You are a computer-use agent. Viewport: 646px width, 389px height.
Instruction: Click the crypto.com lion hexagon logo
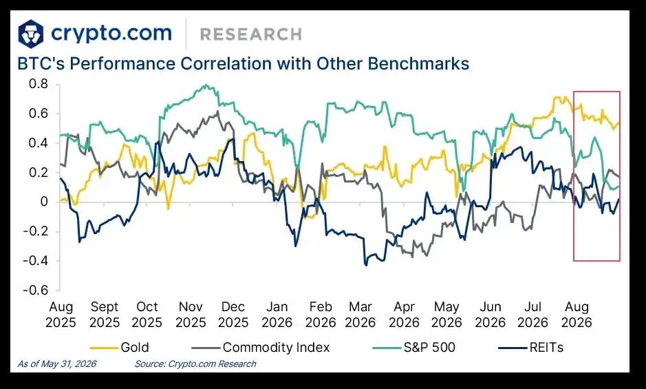coord(31,34)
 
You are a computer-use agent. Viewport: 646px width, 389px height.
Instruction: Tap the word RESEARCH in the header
coord(251,34)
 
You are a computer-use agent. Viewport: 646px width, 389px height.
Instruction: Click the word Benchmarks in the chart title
coord(418,64)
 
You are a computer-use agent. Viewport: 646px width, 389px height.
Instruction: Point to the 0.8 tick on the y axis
coord(39,84)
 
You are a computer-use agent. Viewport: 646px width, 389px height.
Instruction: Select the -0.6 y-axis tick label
coord(36,290)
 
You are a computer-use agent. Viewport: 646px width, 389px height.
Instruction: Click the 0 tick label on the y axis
coord(44,202)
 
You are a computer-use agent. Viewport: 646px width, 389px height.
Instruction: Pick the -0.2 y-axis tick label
coord(36,231)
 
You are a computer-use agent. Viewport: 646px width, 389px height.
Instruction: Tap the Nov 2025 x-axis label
coord(191,315)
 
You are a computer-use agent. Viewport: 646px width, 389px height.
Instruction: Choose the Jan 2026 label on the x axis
coord(277,315)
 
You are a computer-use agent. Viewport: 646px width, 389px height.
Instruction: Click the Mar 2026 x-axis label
coord(360,315)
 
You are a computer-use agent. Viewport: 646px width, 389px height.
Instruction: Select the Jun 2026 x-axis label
coord(491,315)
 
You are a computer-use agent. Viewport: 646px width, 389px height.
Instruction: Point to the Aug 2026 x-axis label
coord(577,315)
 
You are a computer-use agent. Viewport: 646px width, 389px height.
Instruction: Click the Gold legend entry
coord(119,348)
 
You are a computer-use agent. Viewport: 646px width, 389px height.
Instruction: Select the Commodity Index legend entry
coord(261,348)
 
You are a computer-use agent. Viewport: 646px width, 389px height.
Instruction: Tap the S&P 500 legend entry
coord(414,348)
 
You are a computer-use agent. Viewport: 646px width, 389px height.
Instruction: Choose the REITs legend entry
coord(531,348)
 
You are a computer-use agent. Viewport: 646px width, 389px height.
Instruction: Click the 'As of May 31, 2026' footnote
coord(57,364)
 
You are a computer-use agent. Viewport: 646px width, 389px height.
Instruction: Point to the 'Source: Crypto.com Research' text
coord(195,364)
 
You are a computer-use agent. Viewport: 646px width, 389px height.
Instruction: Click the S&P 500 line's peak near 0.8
coord(206,85)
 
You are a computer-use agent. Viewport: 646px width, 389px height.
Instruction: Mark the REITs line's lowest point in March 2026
coord(366,265)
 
